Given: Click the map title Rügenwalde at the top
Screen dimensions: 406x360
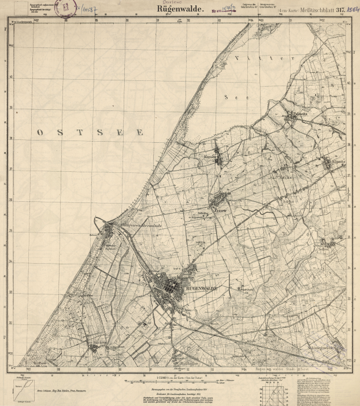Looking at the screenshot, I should point(179,9).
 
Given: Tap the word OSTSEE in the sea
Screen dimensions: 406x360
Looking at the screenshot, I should point(90,132).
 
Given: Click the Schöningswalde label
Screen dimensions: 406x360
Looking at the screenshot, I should point(325,347).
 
